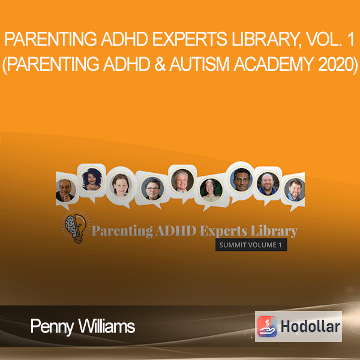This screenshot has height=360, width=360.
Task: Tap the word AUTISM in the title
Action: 199,64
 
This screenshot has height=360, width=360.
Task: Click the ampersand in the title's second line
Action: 160,64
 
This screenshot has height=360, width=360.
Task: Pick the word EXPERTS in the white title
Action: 190,40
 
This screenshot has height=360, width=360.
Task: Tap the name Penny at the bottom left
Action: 52,327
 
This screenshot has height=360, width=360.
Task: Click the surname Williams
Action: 107,326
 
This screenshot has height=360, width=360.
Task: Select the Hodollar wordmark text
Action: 310,326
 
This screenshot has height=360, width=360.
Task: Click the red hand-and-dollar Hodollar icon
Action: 267,326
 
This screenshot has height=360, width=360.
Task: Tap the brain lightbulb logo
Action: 76,226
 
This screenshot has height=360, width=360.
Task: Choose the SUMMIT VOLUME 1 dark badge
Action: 251,245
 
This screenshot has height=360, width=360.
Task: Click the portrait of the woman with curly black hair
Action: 92,179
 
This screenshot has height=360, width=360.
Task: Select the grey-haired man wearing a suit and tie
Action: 182,181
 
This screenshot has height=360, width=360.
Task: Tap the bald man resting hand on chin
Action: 66,190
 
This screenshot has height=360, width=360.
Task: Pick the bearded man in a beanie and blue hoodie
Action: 268,184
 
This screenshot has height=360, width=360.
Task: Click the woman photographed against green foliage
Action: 211,190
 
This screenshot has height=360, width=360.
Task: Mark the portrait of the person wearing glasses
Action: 152,188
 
